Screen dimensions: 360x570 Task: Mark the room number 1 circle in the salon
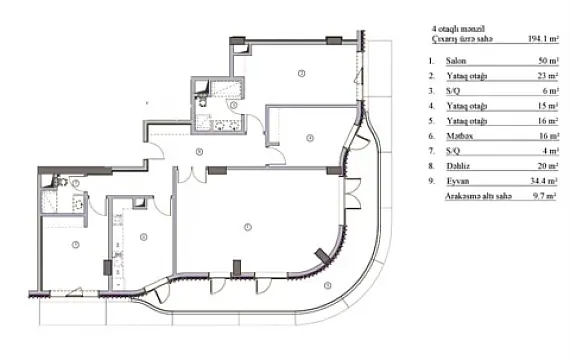point(246,227)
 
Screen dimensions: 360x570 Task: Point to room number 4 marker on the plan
point(310,137)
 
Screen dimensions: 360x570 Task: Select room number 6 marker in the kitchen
point(144,237)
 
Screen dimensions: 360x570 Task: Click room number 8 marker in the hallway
point(200,151)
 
